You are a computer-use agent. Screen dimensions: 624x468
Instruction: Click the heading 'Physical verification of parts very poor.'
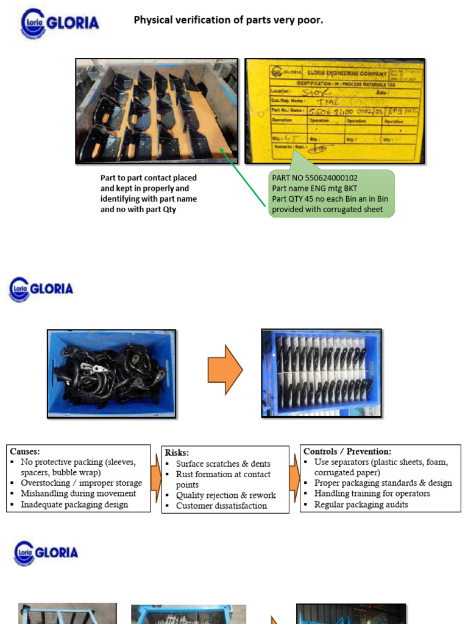click(x=229, y=21)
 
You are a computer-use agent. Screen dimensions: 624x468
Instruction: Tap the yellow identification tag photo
click(x=335, y=111)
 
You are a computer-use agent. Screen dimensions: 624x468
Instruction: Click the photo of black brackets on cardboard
click(x=157, y=111)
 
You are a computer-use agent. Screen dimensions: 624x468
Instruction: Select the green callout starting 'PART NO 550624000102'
click(x=330, y=194)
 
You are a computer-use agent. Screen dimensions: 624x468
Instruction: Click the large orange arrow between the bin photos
click(x=225, y=369)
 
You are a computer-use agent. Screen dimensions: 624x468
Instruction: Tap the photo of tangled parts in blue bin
click(x=112, y=374)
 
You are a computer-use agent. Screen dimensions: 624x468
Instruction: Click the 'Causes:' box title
click(x=25, y=452)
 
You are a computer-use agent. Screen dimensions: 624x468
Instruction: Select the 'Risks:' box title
click(x=177, y=453)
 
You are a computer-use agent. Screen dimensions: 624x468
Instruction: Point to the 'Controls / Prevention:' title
click(x=347, y=452)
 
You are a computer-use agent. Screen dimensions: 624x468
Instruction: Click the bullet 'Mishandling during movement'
click(x=78, y=494)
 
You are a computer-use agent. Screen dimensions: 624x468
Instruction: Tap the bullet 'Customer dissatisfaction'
click(x=221, y=506)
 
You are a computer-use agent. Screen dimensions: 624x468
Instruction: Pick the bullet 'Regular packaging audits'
click(x=361, y=505)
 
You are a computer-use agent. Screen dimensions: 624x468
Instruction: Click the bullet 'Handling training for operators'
click(x=372, y=494)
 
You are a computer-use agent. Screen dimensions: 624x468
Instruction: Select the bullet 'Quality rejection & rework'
click(x=225, y=495)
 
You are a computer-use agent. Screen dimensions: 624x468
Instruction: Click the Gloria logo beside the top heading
click(x=60, y=23)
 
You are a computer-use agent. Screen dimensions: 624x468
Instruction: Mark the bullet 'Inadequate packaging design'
click(x=74, y=505)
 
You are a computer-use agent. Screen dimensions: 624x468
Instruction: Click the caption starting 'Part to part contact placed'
click(x=149, y=194)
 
